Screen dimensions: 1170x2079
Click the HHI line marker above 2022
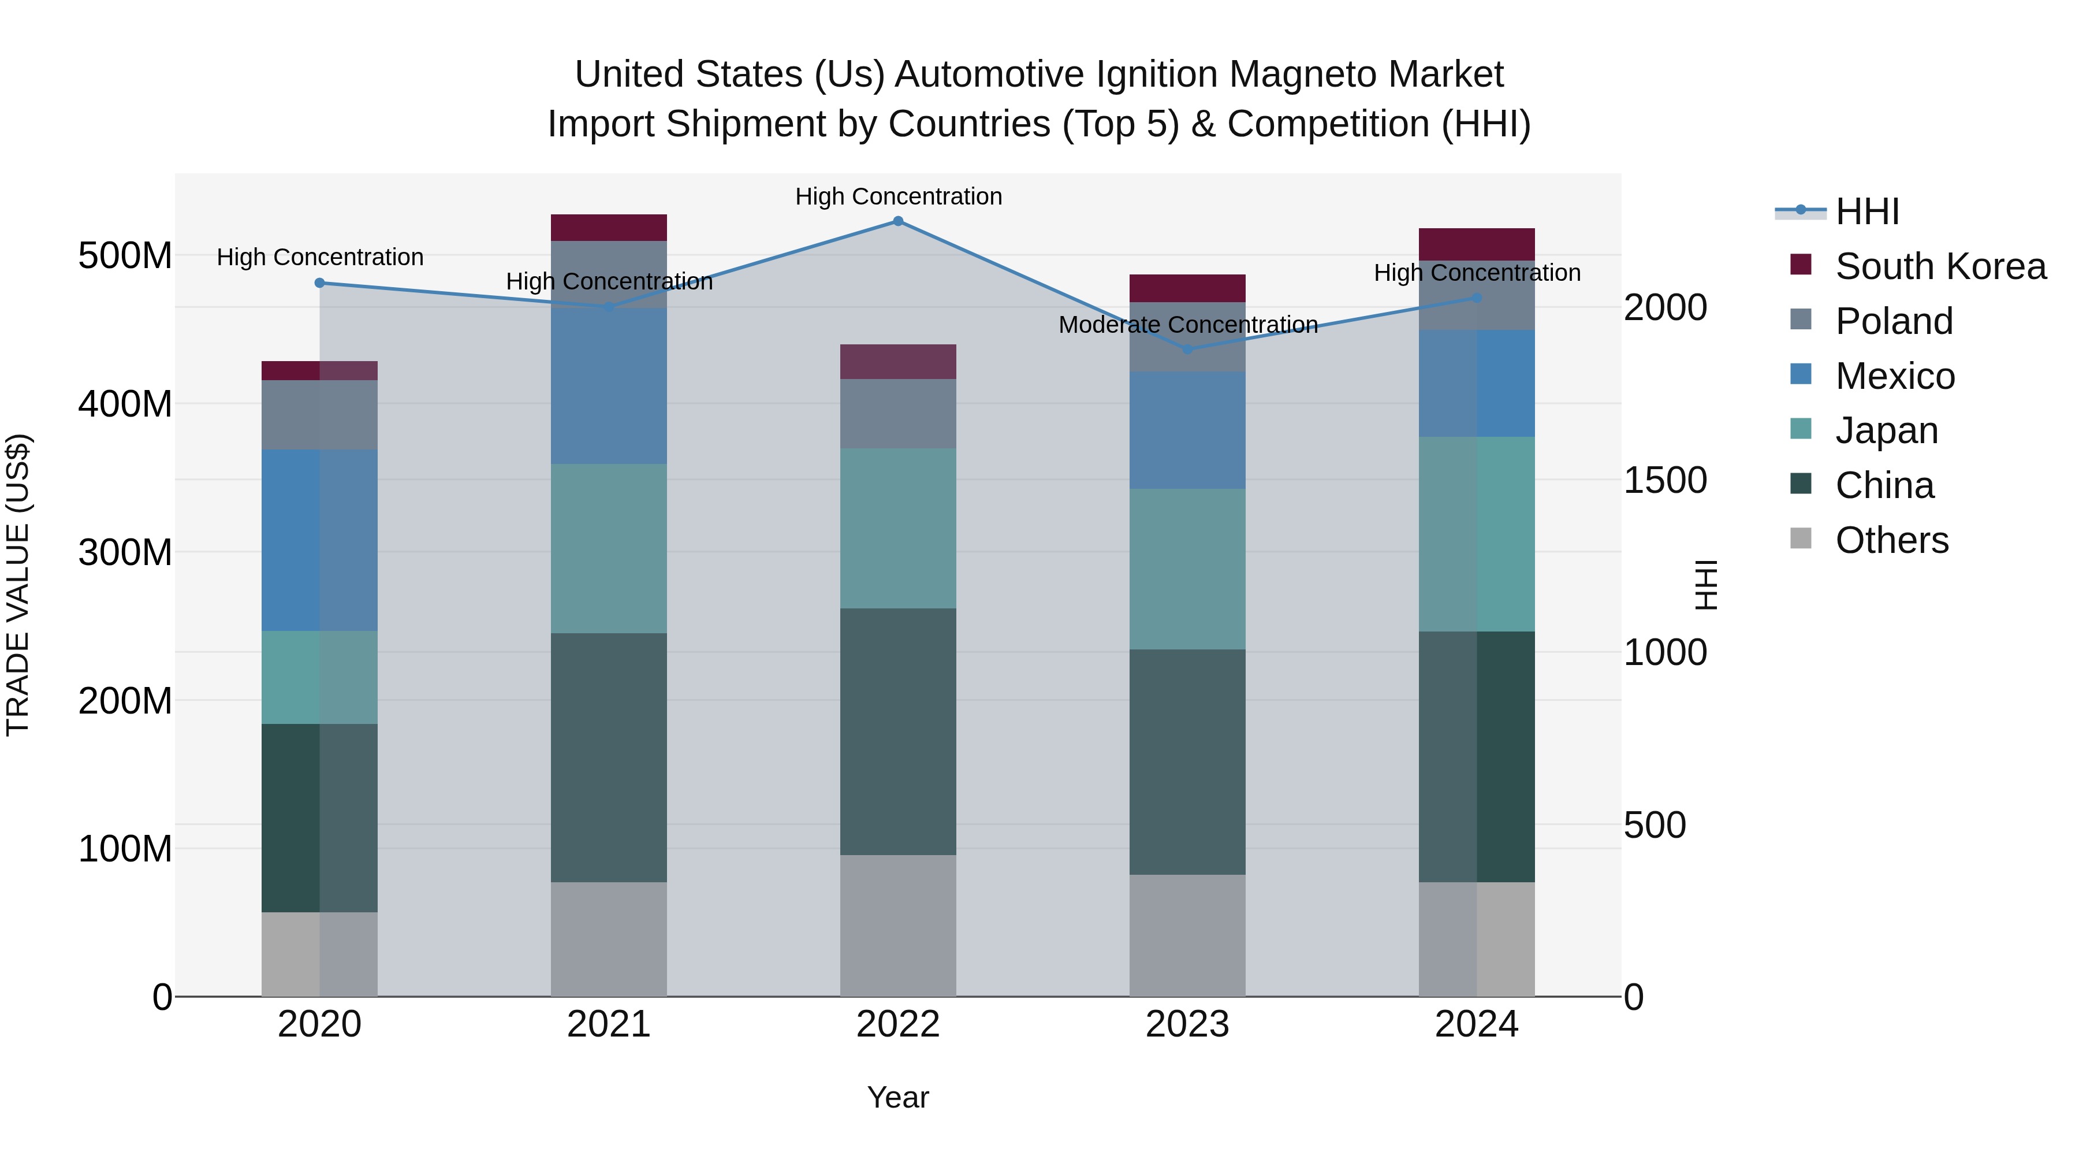(897, 221)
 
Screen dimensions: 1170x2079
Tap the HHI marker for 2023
(1187, 350)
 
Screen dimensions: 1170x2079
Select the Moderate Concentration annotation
(1187, 325)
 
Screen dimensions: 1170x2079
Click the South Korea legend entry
(1939, 266)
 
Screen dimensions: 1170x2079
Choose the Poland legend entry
(1894, 321)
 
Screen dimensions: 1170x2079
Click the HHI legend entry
(1866, 211)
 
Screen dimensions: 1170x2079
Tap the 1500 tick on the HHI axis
(1664, 481)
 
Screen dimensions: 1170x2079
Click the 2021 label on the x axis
(609, 1024)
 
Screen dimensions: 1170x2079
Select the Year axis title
(897, 1097)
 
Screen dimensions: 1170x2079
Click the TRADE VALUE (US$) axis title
(18, 585)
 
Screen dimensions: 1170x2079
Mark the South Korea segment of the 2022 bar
(897, 362)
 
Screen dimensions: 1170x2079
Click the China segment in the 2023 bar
(1187, 762)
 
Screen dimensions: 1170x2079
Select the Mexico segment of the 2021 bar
(609, 386)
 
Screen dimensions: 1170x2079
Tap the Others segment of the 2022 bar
(897, 926)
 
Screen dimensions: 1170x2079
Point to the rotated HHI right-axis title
(1705, 585)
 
